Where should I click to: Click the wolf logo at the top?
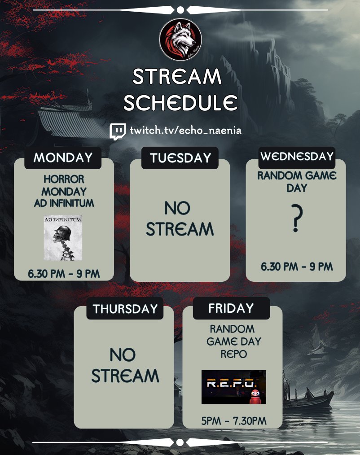180,40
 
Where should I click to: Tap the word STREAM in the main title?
177,77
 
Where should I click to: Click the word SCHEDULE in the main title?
180,103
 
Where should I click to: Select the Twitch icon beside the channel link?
118,131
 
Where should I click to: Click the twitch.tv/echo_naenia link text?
186,131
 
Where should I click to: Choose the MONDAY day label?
63,157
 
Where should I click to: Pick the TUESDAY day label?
180,158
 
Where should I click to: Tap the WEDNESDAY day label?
297,156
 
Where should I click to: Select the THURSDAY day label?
125,309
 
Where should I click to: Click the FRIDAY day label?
231,308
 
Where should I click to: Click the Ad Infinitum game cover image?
63,237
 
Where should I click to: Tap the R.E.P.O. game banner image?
233,387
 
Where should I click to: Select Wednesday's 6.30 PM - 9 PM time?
297,267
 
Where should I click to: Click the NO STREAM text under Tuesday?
180,219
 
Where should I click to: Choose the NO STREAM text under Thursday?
125,366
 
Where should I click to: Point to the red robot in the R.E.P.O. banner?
255,395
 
